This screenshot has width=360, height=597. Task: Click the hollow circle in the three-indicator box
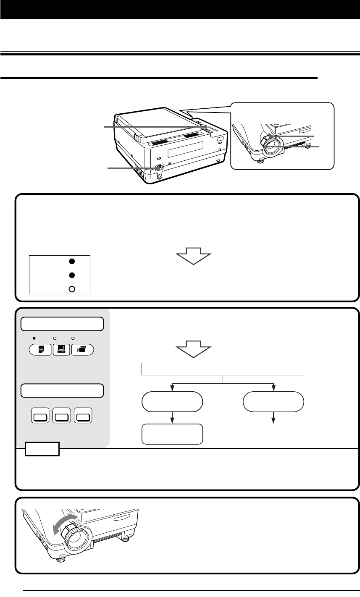71,289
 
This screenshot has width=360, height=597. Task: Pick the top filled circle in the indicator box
71,261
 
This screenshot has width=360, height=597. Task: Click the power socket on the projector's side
159,167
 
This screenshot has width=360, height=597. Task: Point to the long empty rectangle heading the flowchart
223,369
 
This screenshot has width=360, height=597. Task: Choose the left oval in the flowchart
172,401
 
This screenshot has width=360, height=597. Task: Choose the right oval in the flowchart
273,401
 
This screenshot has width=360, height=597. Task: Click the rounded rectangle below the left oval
172,434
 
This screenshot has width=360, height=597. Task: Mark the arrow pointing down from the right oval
273,421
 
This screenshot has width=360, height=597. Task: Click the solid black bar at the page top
180,10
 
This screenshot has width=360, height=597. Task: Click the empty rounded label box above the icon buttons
63,324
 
